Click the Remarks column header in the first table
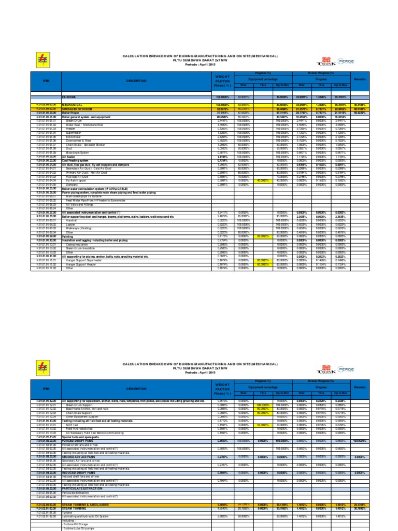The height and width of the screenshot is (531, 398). pyautogui.click(x=360, y=79)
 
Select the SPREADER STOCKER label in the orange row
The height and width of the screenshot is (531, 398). pyautogui.click(x=77, y=109)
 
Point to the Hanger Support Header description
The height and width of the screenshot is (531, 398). pyautogui.click(x=83, y=264)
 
